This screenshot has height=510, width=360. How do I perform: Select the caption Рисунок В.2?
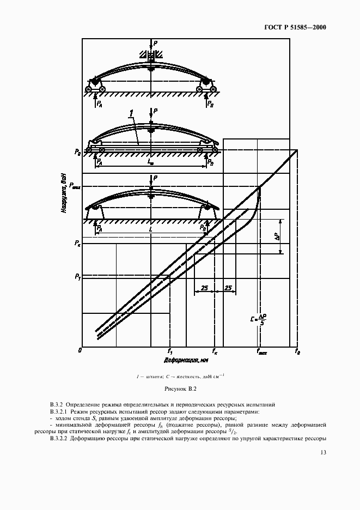pyautogui.click(x=180, y=388)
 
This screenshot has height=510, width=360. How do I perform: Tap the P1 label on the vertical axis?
pyautogui.click(x=77, y=277)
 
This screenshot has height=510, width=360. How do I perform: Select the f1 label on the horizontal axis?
pyautogui.click(x=170, y=352)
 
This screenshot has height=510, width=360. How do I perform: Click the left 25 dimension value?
pyautogui.click(x=204, y=287)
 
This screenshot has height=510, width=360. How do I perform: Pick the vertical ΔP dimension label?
pyautogui.click(x=277, y=236)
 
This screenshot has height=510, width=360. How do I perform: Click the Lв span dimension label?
pyautogui.click(x=150, y=162)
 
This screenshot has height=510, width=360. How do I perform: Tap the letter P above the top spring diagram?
pyautogui.click(x=156, y=41)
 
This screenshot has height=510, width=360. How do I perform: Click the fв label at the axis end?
pyautogui.click(x=297, y=353)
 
